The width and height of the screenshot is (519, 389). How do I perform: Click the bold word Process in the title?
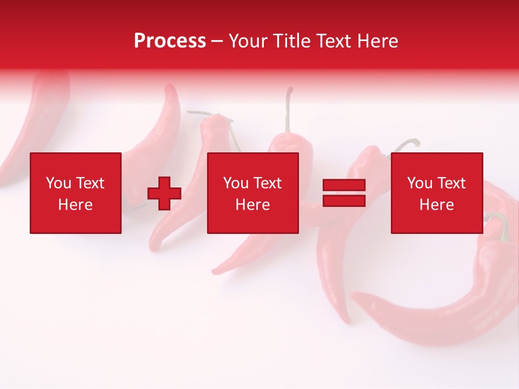point(170,41)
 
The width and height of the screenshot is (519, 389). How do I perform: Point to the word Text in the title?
point(334,41)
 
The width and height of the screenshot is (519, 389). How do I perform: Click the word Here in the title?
point(377,41)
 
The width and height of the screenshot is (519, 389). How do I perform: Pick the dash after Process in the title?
point(217,42)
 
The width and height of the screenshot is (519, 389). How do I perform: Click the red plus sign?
point(164,193)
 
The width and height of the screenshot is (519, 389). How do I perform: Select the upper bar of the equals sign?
point(344,185)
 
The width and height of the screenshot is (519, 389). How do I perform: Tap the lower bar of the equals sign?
point(344,200)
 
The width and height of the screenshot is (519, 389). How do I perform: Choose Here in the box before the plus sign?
point(75,205)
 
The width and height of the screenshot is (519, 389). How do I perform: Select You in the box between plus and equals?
point(236,183)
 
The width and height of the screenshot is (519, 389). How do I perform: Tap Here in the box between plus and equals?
point(252,205)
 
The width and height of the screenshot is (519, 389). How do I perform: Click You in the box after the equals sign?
point(420,183)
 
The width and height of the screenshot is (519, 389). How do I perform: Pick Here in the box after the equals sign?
point(436,205)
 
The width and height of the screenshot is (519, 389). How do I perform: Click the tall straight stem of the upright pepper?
point(289,111)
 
